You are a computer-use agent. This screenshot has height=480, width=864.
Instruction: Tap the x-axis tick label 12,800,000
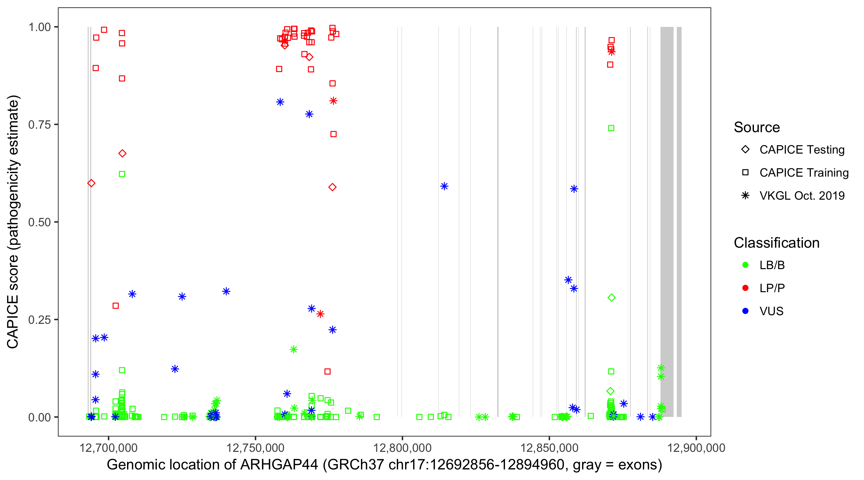pos(402,448)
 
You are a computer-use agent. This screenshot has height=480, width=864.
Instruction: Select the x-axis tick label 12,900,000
pos(696,448)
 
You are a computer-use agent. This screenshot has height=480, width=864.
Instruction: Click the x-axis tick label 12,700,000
pos(108,448)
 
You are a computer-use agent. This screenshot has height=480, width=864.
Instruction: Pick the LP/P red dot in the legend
pos(745,288)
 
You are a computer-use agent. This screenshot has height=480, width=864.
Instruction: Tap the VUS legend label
pos(772,311)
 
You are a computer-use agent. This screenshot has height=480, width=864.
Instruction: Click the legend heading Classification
pos(776,243)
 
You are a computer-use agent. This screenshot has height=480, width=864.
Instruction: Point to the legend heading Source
pos(757,127)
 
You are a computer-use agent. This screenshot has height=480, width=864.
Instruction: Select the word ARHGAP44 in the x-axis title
pos(279,465)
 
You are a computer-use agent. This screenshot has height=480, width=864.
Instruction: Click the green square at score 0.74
pos(611,128)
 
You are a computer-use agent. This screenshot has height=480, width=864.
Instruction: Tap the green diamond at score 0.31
pos(612,298)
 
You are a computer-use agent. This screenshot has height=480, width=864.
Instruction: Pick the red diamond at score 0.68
pos(123,153)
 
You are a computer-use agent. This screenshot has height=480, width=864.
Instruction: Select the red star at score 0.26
pos(320,314)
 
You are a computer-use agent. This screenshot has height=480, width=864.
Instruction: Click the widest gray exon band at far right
pos(667,221)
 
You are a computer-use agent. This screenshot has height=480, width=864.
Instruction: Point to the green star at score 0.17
pos(293,349)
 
